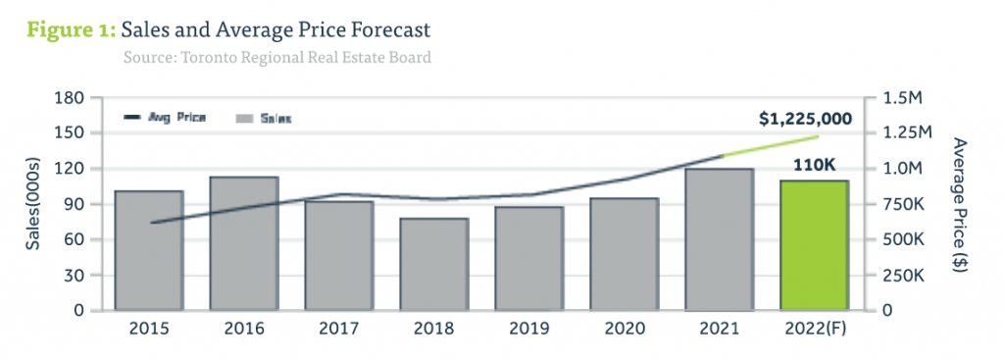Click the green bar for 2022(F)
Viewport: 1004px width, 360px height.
(814, 245)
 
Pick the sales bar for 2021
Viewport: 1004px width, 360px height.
(719, 239)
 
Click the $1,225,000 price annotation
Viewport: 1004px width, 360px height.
(805, 119)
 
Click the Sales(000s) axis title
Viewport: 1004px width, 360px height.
(33, 204)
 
